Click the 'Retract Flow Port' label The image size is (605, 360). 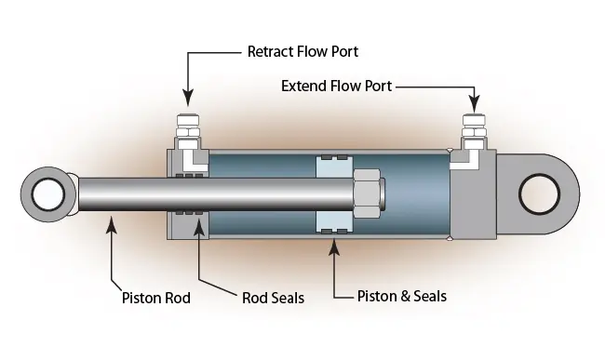tap(302, 51)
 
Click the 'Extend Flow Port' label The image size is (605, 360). tap(336, 87)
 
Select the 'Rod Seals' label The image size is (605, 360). tap(273, 299)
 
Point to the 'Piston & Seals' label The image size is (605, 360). tap(402, 297)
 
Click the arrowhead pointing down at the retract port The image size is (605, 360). tap(188, 98)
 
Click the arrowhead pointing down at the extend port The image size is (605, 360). tap(475, 102)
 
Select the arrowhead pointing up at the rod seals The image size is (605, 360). tap(197, 228)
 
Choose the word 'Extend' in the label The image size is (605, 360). tap(304, 87)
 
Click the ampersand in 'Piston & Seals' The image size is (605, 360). tap(403, 297)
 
